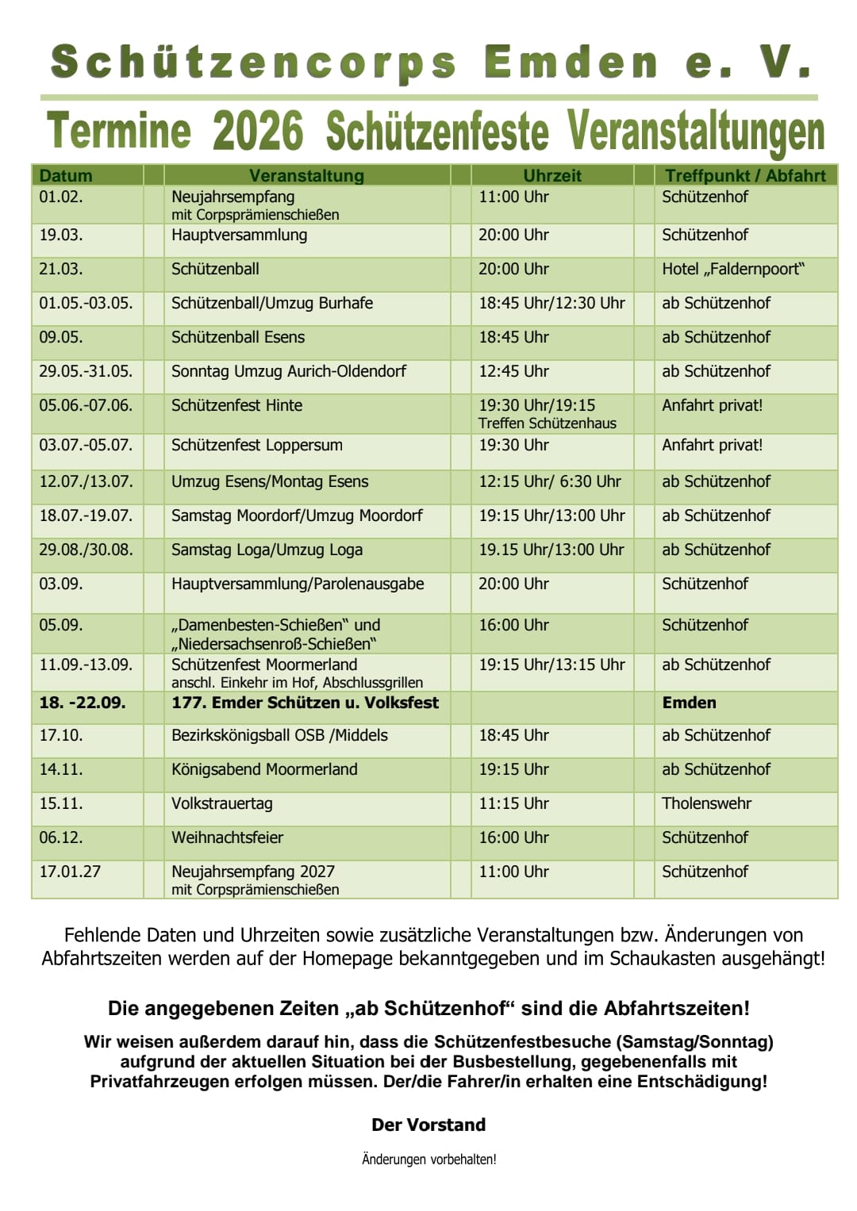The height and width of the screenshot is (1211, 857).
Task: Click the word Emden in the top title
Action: point(570,62)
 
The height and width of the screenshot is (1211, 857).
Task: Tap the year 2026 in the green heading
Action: point(258,131)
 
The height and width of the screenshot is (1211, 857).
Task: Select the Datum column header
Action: point(66,175)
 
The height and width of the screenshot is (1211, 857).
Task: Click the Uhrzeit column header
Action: point(552,175)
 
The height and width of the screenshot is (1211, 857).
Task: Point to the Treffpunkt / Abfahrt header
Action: point(745,175)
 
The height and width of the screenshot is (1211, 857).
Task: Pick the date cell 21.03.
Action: point(61,269)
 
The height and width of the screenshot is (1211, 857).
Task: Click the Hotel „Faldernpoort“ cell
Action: point(733,269)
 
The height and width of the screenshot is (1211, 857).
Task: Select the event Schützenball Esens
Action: point(238,337)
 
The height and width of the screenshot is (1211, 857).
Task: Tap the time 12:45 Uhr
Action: point(513,371)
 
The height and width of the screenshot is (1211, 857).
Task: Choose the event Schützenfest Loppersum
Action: point(257,445)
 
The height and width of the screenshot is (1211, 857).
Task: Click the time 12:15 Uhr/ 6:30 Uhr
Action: point(550,481)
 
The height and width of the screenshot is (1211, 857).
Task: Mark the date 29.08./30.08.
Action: point(86,550)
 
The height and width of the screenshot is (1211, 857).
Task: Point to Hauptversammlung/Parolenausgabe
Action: point(298,584)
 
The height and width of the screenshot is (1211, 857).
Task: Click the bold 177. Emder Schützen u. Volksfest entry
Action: point(306,703)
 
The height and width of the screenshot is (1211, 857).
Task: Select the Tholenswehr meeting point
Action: point(707,803)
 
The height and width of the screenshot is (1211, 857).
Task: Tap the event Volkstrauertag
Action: point(222,803)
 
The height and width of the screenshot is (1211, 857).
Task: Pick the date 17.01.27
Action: point(71,872)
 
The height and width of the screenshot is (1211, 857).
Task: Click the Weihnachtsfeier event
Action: point(228,837)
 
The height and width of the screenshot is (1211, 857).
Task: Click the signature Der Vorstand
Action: point(428,1125)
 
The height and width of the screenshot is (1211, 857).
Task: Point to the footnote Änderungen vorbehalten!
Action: point(428,1159)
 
